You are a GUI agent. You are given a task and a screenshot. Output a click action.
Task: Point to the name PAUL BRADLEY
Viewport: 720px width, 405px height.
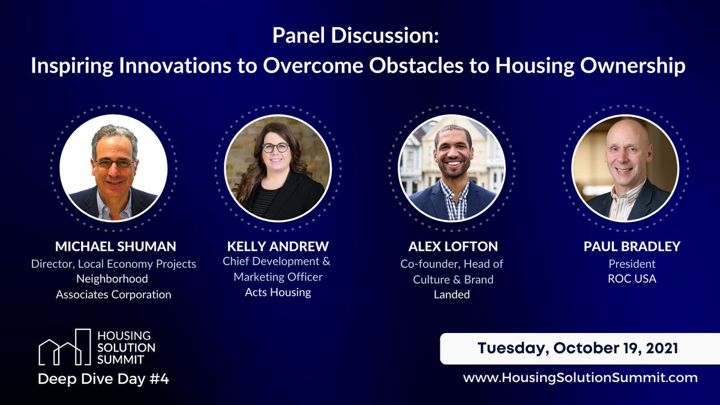click(632, 247)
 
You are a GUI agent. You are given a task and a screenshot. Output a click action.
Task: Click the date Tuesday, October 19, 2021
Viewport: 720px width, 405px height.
click(578, 349)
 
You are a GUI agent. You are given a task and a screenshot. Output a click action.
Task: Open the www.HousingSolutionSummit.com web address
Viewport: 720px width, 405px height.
click(580, 377)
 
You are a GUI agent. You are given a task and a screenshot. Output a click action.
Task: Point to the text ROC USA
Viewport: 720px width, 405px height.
click(632, 279)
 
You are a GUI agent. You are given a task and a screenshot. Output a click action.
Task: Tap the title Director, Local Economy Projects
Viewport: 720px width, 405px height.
click(113, 263)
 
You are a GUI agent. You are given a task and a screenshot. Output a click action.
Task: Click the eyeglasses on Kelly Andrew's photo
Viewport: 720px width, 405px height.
click(275, 147)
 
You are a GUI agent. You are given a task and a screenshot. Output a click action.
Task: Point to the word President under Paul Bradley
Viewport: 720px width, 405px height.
click(632, 263)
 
